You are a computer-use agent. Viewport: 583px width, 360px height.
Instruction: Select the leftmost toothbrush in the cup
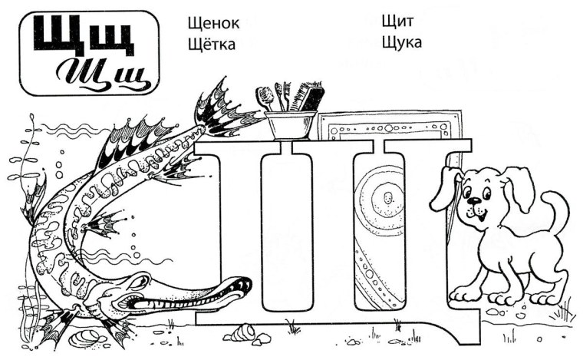[265, 96]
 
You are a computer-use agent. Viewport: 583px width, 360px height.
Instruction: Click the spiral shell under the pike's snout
[245, 331]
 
